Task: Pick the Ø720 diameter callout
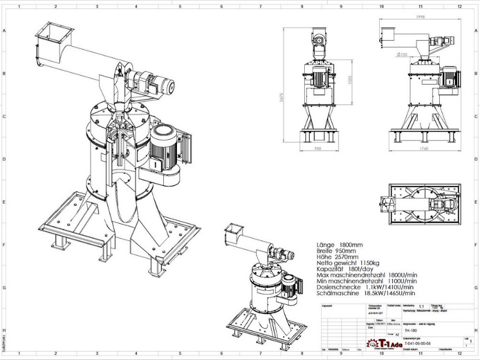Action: click(401, 54)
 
